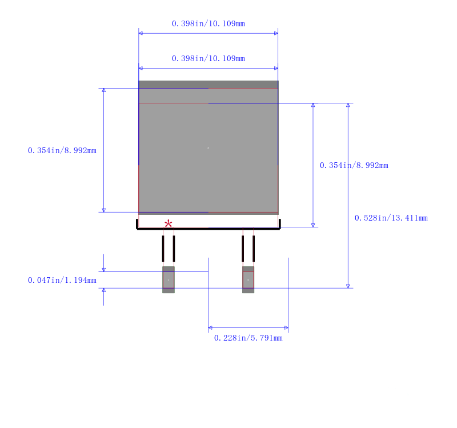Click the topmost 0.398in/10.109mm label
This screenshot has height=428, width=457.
tap(209, 23)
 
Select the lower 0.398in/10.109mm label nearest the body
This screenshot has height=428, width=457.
tap(209, 59)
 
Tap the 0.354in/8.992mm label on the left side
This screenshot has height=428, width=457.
tap(62, 150)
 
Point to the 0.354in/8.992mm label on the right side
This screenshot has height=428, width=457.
tap(354, 165)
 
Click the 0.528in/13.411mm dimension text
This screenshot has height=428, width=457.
tap(391, 218)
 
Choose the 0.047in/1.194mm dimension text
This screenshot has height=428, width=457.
tap(62, 280)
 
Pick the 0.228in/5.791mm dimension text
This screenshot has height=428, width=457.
tap(248, 338)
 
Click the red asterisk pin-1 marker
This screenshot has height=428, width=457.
tap(168, 224)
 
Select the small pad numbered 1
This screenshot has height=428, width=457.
tap(169, 279)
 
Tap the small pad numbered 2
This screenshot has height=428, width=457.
tap(248, 279)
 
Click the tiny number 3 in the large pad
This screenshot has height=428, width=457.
tap(208, 148)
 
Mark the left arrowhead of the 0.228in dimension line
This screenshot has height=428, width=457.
tap(210, 327)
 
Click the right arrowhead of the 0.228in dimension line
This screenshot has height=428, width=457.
tap(286, 327)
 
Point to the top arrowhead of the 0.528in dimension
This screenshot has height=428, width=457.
tap(348, 105)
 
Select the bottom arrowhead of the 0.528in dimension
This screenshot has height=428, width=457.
tap(348, 286)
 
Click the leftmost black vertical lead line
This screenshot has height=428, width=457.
tap(163, 249)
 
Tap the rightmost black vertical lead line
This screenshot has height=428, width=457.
tap(254, 249)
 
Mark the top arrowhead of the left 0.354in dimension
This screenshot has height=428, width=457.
tap(104, 90)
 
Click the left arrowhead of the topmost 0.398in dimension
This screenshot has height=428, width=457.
tap(141, 33)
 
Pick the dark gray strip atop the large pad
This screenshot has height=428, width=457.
tap(209, 84)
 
